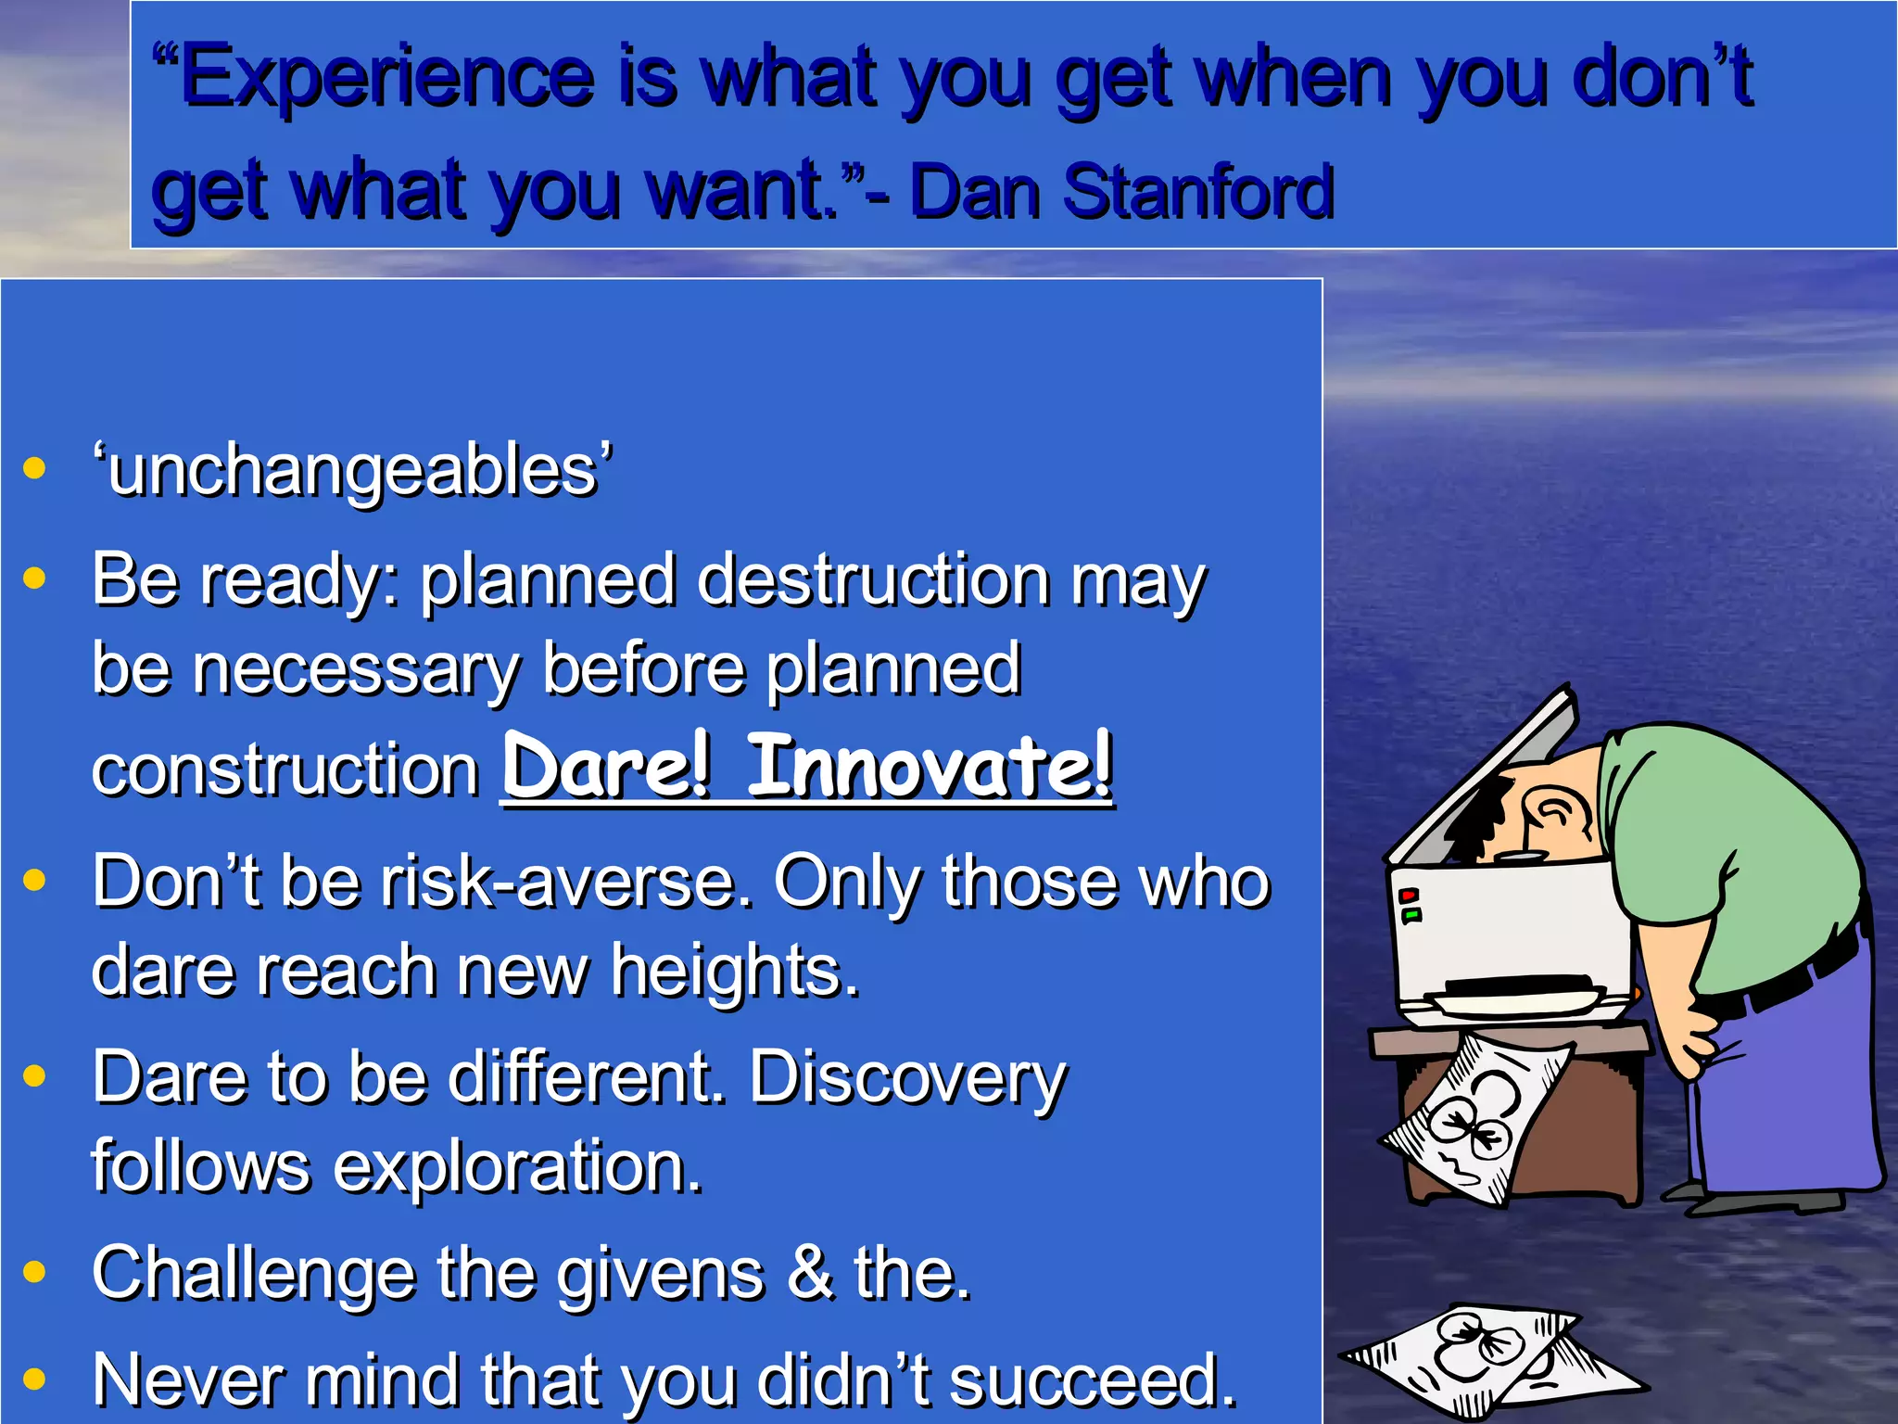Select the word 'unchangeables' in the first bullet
point(352,471)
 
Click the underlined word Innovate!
point(930,767)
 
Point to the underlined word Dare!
point(607,767)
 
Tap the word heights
point(734,972)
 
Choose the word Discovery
point(907,1078)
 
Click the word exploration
point(517,1166)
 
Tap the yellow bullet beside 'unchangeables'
point(34,467)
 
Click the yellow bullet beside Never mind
point(34,1379)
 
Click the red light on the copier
point(1409,896)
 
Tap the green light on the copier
point(1411,916)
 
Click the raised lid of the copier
point(1483,779)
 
